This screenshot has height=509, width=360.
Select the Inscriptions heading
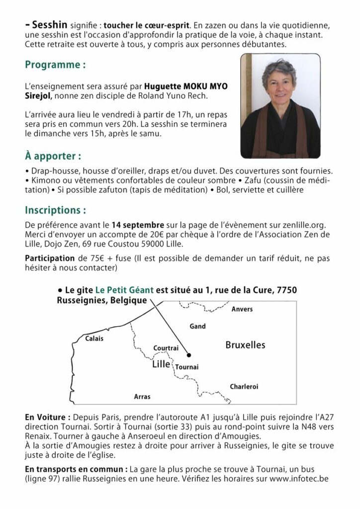pos(59,207)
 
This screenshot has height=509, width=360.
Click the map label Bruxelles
pos(245,344)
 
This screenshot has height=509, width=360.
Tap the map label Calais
pos(94,339)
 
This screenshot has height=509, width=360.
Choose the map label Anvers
pos(242,309)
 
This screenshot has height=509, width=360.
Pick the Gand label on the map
pos(197,326)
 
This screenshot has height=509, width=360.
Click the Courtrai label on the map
pos(166,348)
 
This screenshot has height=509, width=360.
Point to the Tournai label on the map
pos(187,367)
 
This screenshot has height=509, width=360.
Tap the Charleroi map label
pos(244,386)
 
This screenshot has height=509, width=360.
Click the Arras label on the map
pos(142,397)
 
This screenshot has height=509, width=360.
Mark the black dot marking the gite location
pos(188,354)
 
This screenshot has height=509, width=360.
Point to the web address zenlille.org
pos(311,223)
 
